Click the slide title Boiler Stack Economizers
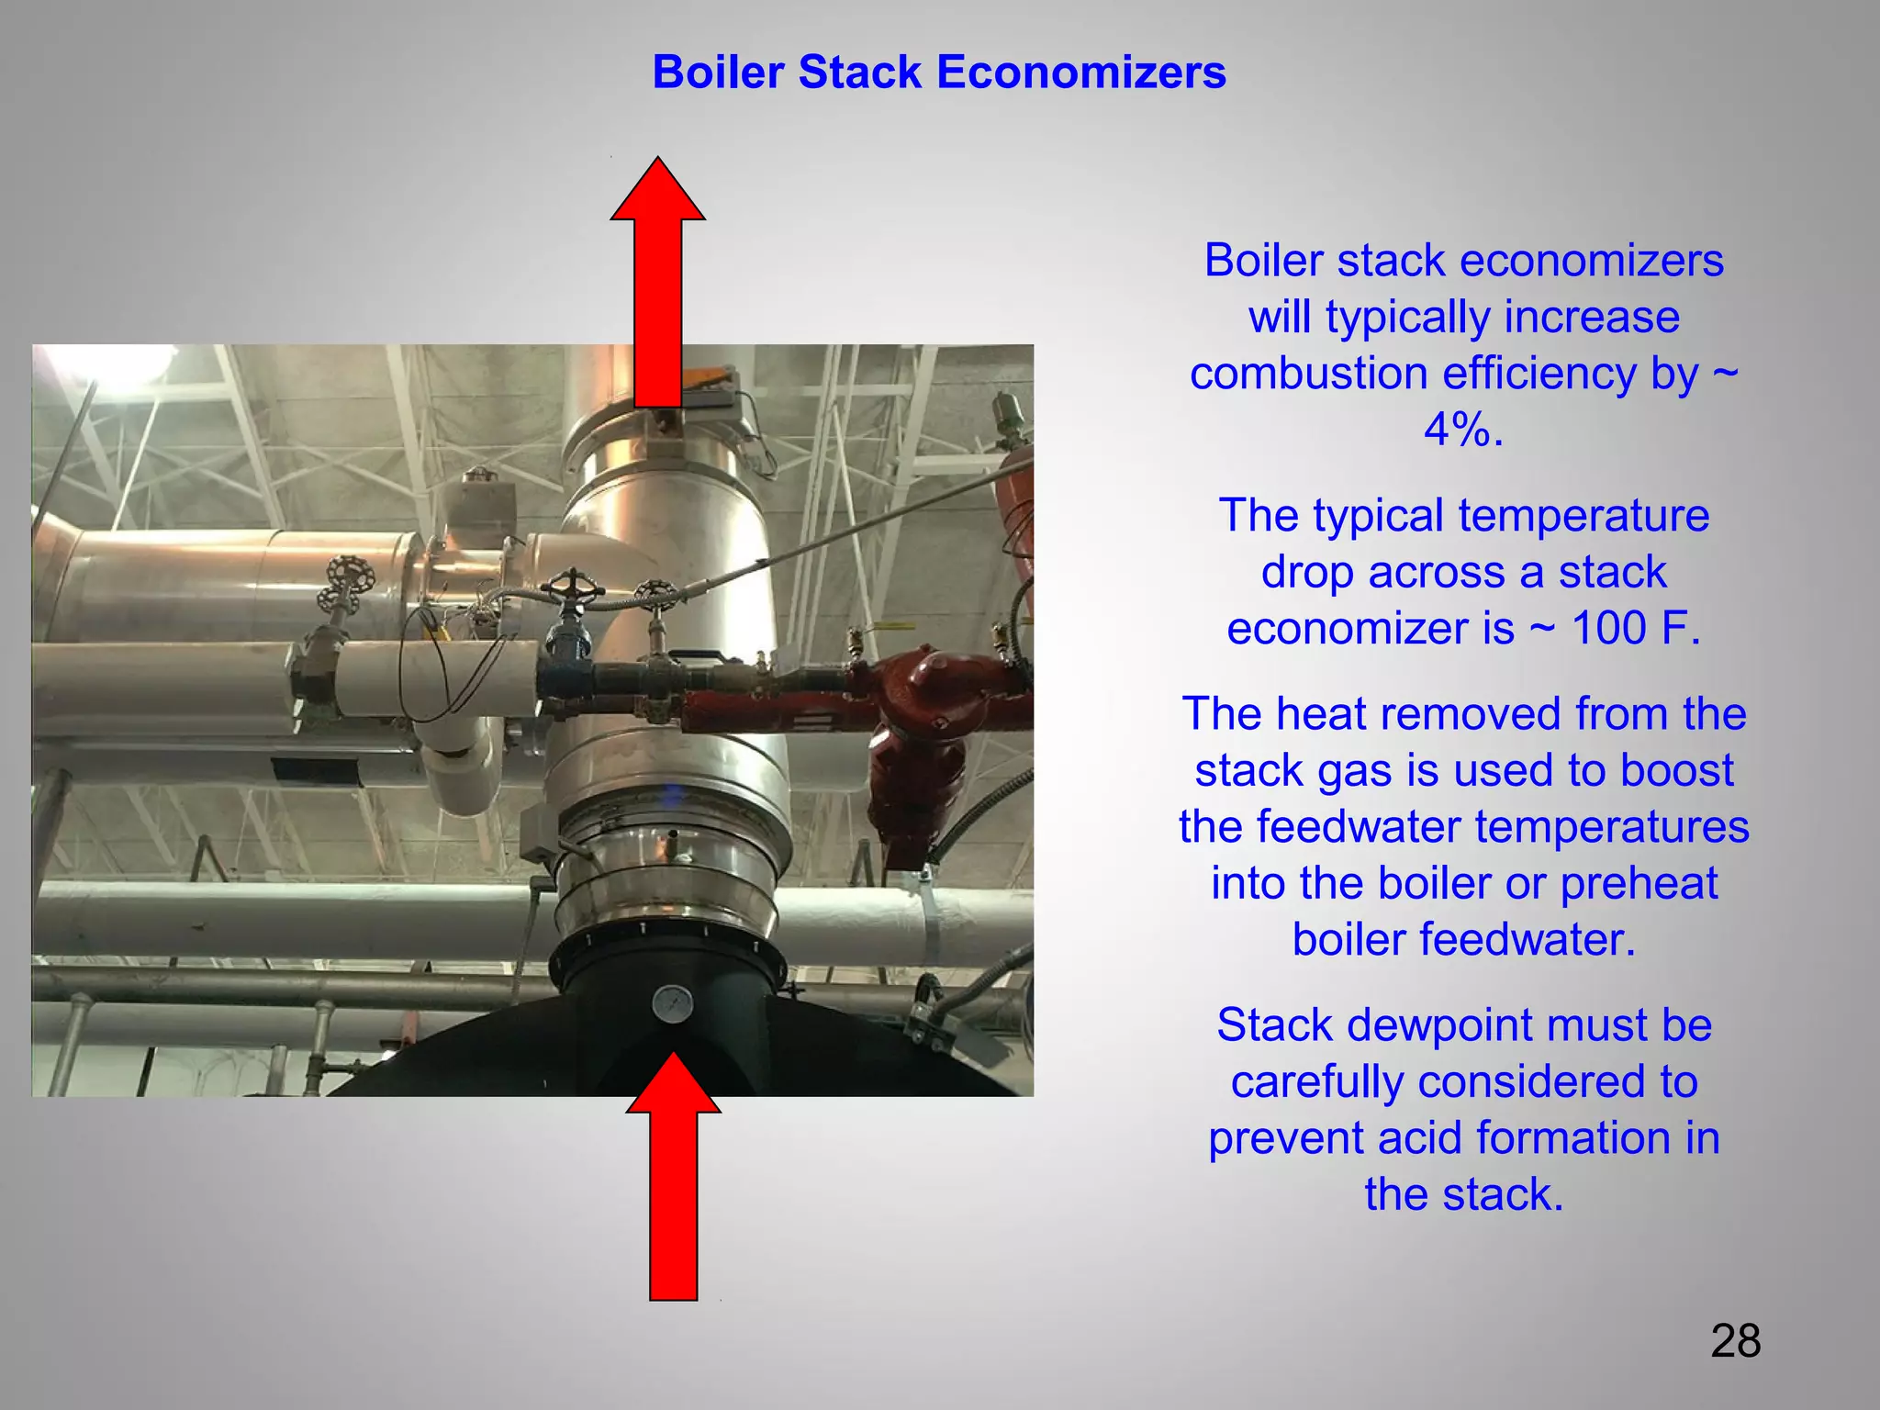(x=938, y=72)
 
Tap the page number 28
(x=1735, y=1341)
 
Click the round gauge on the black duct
(x=674, y=1003)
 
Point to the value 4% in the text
(x=1463, y=430)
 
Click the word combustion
(x=1308, y=375)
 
